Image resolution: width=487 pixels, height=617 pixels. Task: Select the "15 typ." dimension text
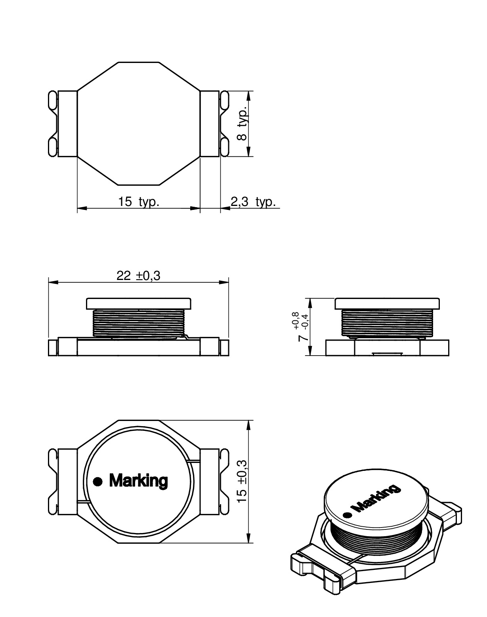point(139,202)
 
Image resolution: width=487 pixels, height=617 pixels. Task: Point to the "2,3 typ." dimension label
point(253,202)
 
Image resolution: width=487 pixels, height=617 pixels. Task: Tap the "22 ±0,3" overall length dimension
point(138,276)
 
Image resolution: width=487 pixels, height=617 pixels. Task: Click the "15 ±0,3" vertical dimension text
point(242,482)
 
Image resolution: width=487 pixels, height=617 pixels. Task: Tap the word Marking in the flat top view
point(138,481)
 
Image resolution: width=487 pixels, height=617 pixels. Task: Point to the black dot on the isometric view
point(347,515)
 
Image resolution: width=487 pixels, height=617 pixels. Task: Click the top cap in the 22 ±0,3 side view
point(139,303)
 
